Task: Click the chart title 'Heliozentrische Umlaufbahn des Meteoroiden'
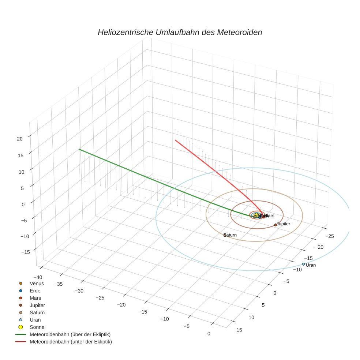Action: pos(180,32)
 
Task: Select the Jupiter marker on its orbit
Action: pos(275,225)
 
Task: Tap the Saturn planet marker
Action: pos(225,235)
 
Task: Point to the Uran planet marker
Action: pos(303,264)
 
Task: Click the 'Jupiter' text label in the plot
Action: pos(284,224)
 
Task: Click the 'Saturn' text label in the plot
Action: pos(230,235)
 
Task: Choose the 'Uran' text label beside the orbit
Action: pos(311,265)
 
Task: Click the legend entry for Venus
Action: pos(37,283)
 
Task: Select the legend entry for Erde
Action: pos(35,290)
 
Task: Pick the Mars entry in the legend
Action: pos(35,298)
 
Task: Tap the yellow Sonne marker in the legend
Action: pos(21,327)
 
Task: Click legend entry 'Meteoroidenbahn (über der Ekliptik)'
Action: pos(70,334)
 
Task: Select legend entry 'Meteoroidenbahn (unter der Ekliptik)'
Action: pos(71,342)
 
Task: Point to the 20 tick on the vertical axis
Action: pos(20,139)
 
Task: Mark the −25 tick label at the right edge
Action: pos(329,236)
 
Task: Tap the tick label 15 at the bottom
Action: pos(239,330)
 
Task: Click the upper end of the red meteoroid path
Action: pos(176,140)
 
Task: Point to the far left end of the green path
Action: pos(79,149)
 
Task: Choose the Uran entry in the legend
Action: pos(35,320)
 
